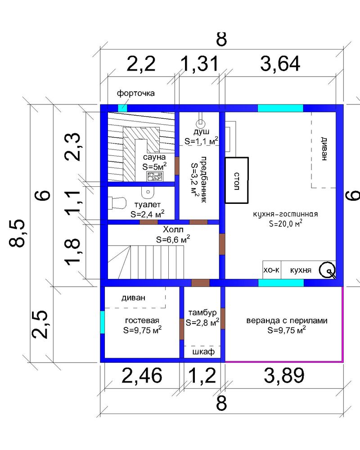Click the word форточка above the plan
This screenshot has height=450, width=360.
pos(135,93)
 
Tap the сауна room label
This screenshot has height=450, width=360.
pos(154,157)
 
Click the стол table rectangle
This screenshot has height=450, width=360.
pos(236,180)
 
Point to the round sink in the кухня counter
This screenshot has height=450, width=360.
pos(328,270)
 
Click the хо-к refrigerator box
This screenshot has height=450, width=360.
pos(272,270)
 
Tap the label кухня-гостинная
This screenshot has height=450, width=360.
pos(285,214)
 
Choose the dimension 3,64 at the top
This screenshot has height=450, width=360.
pos(280,63)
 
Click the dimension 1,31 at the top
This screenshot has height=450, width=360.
pos(200,63)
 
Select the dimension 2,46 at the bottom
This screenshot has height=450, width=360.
pos(142,375)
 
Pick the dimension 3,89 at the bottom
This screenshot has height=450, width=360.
pos(284,375)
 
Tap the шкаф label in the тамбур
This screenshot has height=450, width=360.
pos(203,351)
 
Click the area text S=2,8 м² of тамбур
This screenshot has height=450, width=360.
pos(202,322)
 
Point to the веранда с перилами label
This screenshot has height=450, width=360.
pos(287,320)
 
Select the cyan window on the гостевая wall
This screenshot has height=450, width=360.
pos(102,322)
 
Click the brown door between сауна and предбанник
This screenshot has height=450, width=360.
pos(177,166)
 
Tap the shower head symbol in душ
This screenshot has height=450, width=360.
pos(200,124)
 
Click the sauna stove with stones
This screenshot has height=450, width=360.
pos(155,176)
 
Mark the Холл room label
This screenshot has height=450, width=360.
pos(173,229)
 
